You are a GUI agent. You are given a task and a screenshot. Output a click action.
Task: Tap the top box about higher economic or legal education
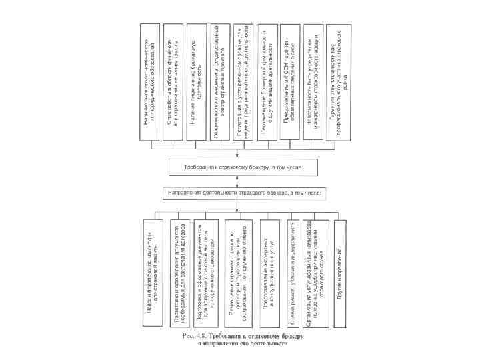[x=151, y=83]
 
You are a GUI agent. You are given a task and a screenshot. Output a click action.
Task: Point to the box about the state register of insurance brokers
[x=221, y=83]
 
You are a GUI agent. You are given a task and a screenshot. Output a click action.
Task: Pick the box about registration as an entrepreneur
[x=244, y=83]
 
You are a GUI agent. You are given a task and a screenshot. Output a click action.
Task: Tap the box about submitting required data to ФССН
[x=291, y=83]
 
